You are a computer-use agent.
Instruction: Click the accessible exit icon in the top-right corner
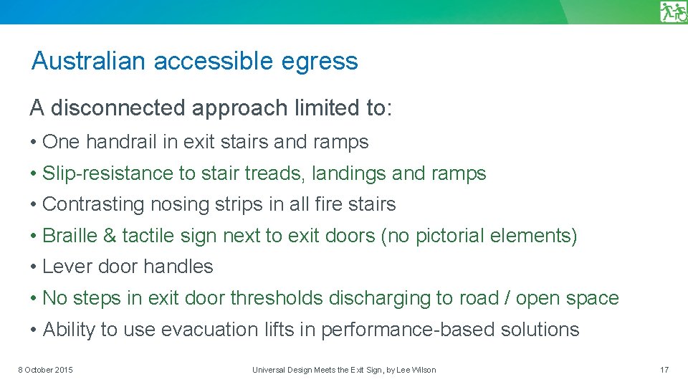[x=673, y=12]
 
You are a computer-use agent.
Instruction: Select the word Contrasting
[x=94, y=204]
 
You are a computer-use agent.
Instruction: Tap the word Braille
[x=70, y=235]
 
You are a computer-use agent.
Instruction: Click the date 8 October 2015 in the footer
[x=45, y=370]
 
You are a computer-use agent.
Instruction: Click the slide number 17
[x=664, y=370]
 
